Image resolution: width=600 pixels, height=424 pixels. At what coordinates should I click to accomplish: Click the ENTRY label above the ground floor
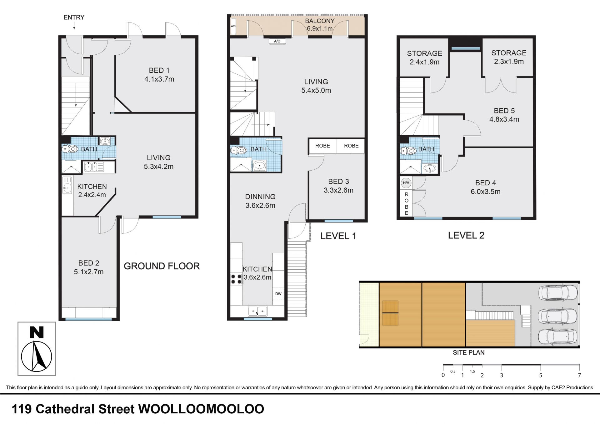[74, 17]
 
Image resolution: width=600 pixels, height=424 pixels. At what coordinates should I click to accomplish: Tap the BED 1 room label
[159, 71]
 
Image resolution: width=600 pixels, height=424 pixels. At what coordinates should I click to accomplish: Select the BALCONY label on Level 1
[320, 21]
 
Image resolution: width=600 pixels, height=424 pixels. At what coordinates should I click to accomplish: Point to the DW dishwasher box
[278, 294]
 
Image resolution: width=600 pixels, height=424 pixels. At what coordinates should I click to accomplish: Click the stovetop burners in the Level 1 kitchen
[236, 279]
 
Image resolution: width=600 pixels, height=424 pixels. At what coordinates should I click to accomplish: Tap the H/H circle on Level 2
[406, 183]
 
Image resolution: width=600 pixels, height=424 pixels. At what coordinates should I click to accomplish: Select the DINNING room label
[260, 197]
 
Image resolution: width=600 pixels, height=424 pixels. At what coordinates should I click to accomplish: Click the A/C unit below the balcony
[277, 41]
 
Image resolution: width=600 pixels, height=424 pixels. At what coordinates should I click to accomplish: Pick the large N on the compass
[36, 332]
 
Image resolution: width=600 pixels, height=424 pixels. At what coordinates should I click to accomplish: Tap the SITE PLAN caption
[469, 352]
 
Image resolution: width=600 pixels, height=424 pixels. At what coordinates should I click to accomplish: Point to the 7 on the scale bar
[579, 375]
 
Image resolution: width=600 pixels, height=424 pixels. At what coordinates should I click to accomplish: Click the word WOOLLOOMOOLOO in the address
[201, 409]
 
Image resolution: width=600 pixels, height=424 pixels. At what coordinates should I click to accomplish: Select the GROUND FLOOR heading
[162, 266]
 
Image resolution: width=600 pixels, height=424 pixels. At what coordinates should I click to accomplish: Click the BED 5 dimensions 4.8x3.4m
[504, 119]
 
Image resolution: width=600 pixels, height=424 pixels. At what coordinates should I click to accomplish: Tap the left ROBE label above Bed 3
[322, 146]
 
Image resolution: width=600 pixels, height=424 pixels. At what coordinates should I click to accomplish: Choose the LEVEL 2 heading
[466, 235]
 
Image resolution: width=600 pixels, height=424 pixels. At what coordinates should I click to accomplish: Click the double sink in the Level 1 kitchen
[258, 311]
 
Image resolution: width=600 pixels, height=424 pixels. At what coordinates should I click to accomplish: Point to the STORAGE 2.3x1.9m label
[509, 57]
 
